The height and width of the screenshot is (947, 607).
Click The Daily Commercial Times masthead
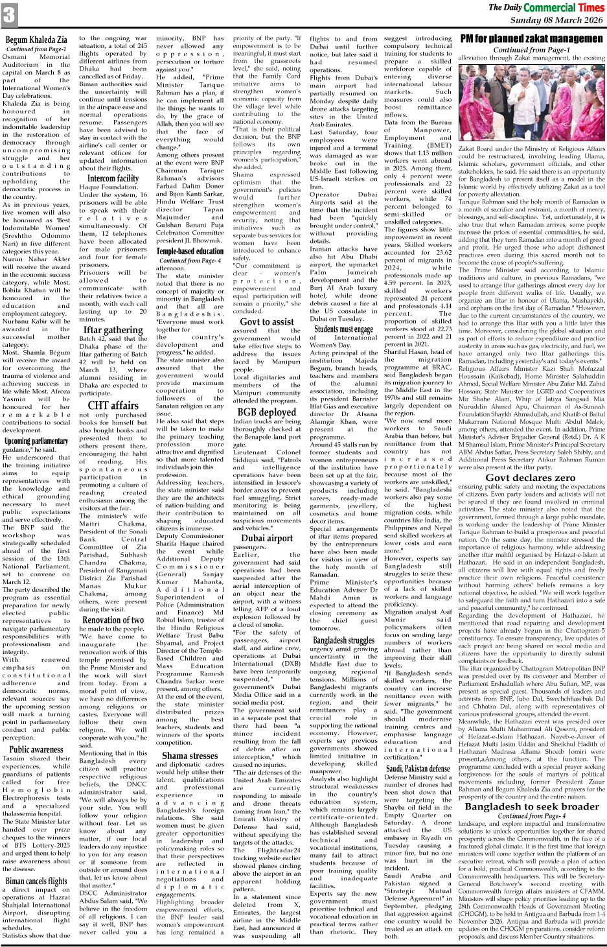pos(545,8)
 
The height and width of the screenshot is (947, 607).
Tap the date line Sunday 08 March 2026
pos(556,20)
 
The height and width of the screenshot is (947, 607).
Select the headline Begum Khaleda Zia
pos(36,40)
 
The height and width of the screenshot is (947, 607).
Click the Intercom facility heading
pos(113,178)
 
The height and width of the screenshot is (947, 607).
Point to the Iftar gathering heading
pos(113,330)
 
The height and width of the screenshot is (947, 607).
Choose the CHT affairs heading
pos(113,406)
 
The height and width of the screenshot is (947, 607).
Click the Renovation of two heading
pos(113,620)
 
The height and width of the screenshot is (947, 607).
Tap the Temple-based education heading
pos(185,251)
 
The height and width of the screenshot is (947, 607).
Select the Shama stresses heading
pos(190,755)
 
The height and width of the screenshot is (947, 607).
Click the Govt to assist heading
pos(267,322)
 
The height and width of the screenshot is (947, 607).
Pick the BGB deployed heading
pos(267,412)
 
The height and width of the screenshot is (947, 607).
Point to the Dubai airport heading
pos(267,538)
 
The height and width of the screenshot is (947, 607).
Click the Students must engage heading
pos(344,329)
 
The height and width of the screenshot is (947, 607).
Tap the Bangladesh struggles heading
pos(344,640)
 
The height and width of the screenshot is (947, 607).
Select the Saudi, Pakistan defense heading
pos(418,769)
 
